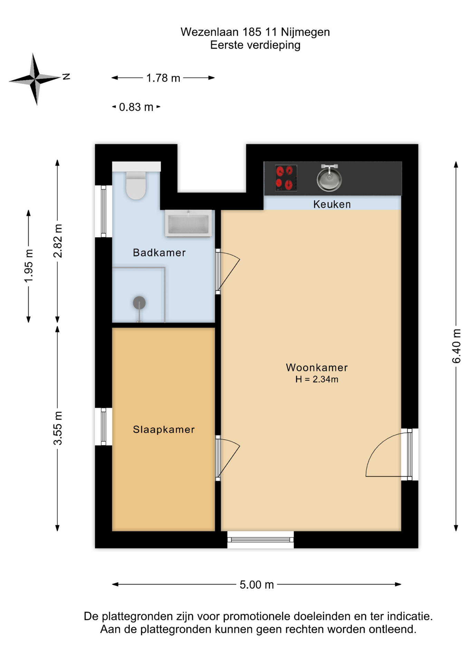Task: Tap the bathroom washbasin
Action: pos(188,223)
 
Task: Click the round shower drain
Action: pos(139,303)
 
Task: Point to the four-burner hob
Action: pos(286,178)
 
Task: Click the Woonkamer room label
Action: pos(317,367)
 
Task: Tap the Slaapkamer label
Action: pos(164,430)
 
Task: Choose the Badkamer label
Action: pos(159,253)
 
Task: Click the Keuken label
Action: pos(332,204)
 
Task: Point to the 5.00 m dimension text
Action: pos(257,585)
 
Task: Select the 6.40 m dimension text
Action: pos(456,346)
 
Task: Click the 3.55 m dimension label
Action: pos(58,428)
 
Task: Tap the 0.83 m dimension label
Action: pos(136,107)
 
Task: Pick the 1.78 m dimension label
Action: pos(163,78)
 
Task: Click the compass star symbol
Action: pos(35,79)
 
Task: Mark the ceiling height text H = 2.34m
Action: pos(317,379)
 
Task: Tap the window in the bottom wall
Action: pos(260,540)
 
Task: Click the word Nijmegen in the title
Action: pos(305,32)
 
